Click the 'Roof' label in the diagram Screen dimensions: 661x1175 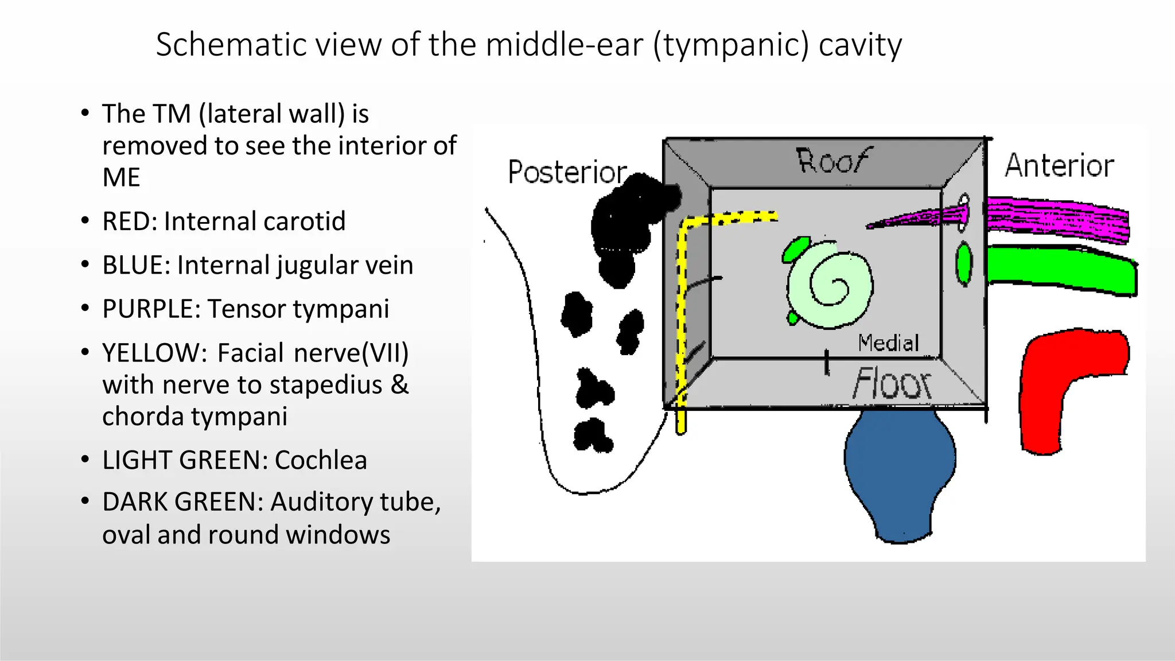[833, 161]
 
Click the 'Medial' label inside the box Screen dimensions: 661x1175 [888, 343]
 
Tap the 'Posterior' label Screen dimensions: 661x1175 [567, 172]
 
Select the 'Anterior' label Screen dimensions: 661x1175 [1059, 166]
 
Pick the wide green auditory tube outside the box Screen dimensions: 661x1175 [1061, 270]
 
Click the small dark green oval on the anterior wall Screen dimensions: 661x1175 [964, 263]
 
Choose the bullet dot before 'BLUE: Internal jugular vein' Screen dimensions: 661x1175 [85, 265]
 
